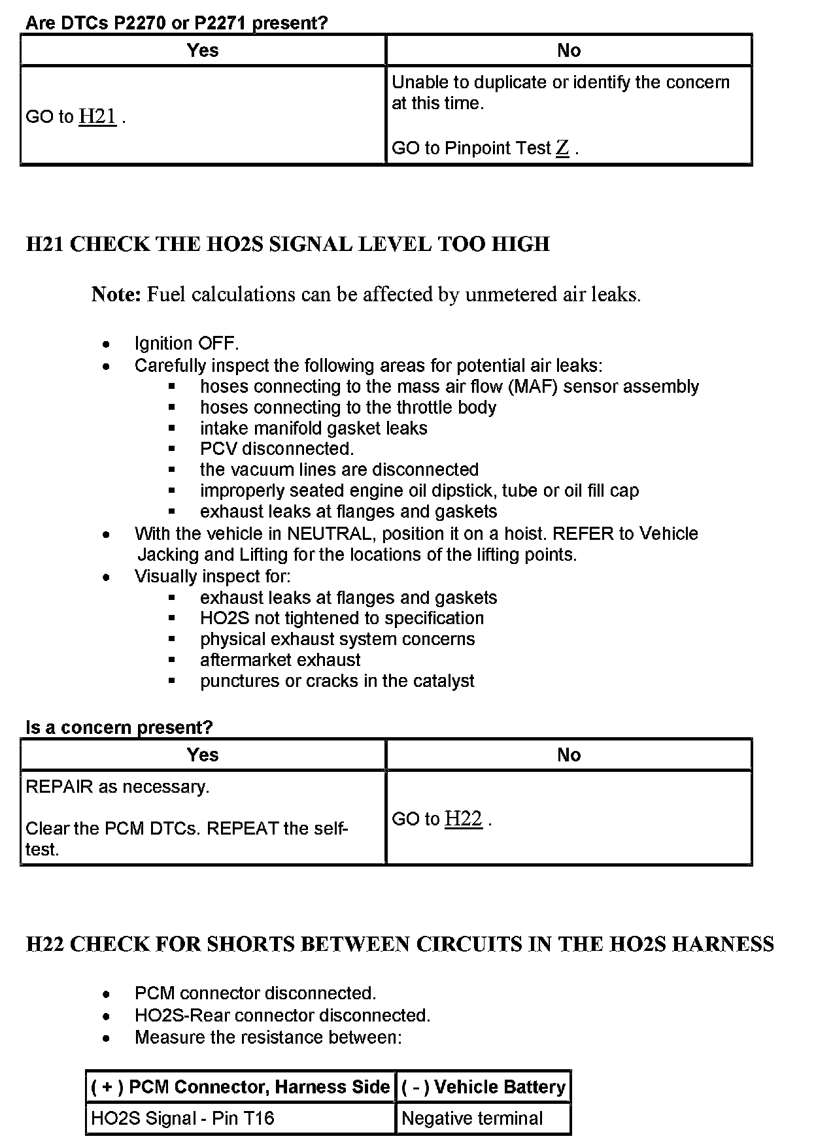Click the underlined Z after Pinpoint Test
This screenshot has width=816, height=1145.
562,148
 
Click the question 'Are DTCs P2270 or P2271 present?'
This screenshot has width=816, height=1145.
176,23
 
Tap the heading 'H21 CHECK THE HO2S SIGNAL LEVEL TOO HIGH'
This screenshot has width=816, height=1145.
288,244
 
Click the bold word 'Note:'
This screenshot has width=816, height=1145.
116,294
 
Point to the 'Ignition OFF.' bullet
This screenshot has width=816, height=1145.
186,343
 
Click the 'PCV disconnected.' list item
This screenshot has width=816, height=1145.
277,448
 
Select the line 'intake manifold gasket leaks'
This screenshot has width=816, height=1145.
313,428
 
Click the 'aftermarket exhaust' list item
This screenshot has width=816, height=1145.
280,659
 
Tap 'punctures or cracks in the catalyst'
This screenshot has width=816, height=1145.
337,680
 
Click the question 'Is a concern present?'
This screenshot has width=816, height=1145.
119,727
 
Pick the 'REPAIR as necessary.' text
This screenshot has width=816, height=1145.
117,786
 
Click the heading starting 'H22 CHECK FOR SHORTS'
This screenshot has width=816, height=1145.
399,944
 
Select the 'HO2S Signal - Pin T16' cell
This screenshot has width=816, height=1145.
182,1118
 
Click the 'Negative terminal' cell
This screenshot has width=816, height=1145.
471,1118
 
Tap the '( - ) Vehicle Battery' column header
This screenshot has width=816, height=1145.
483,1087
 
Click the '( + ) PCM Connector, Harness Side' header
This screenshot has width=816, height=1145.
240,1087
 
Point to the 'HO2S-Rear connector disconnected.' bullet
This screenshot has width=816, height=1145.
282,1015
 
